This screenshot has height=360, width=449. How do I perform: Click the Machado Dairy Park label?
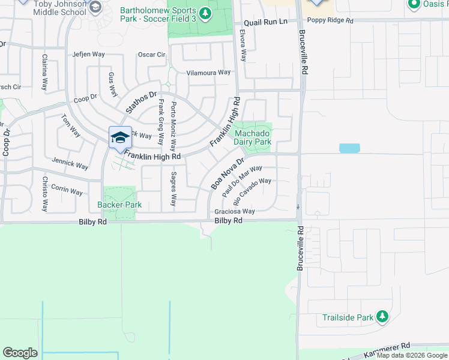pos(253,137)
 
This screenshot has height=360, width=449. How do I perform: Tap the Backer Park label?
pos(119,205)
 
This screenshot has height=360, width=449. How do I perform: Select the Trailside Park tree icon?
pos(382,317)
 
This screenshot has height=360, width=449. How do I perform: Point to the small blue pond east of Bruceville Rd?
pos(349,148)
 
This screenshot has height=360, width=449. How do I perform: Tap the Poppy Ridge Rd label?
pos(329,20)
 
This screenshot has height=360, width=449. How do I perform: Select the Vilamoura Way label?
pos(208,73)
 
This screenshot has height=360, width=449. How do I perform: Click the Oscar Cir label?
pos(151,55)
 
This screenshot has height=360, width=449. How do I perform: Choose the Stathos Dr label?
pos(140,102)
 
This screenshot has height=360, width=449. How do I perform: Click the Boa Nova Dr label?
pos(227,175)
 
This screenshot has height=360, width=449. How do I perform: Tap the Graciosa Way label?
pos(235,211)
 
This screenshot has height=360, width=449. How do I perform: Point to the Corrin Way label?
pos(67,190)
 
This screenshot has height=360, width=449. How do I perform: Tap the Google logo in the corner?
pos(20,353)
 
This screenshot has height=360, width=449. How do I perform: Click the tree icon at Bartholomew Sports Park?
pos(205,13)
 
